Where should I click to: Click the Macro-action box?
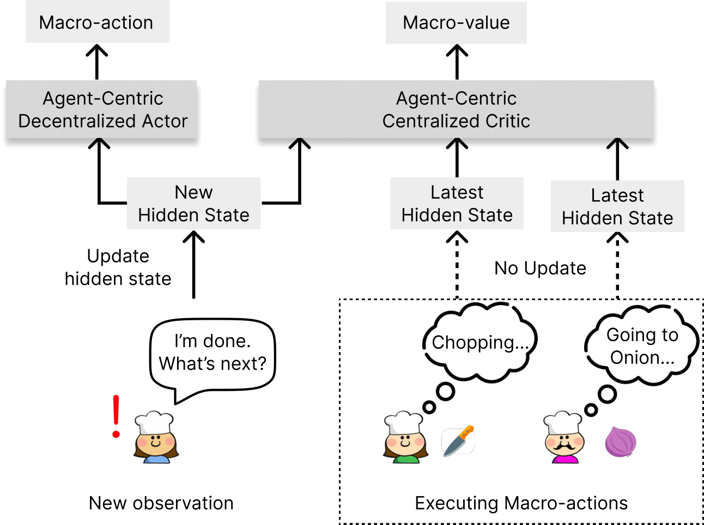97,22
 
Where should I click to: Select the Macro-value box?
456,22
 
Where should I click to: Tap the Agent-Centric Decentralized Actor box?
102,109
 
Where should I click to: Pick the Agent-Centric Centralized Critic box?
456,109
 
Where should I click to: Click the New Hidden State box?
193,204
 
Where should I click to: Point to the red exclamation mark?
116,416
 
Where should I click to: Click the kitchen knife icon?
458,441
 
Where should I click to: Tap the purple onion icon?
621,442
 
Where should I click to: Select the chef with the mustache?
565,438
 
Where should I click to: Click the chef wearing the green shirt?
404,438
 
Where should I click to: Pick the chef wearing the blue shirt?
156,438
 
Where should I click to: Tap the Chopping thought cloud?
480,342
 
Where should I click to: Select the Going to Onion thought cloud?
642,345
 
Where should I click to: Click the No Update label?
540,268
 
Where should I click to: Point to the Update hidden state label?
118,267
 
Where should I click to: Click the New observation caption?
161,503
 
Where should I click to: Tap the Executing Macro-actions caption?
521,503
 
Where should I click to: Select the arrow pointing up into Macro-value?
457,62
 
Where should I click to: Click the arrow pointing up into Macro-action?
97,62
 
